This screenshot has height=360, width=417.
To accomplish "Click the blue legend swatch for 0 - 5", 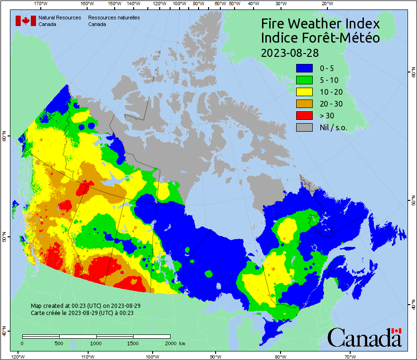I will coord(304,68).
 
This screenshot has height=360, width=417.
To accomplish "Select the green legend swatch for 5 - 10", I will coord(304,80).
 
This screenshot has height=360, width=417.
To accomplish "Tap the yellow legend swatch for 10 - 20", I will coord(304,92).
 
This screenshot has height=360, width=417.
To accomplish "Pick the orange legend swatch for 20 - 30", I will coord(304,104).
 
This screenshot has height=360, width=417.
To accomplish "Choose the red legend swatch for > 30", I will coord(304,116).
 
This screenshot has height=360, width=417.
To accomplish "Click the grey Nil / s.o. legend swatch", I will coord(304,127).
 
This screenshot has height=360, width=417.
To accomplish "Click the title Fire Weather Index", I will coord(320,24).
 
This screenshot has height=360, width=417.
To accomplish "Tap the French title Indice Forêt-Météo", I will coord(320,38).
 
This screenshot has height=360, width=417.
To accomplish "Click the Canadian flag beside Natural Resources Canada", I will coord(26,21).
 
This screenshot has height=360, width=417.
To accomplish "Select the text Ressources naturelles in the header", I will coord(114,18).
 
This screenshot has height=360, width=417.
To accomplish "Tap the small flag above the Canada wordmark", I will coord(397,331).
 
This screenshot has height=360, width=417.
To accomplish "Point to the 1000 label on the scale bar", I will coord(96,343).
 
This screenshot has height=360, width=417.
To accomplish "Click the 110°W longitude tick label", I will coord(87,356).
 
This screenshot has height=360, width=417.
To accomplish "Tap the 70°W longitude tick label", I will coord(350,356).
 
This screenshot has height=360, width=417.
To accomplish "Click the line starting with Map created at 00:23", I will coord(85,306).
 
